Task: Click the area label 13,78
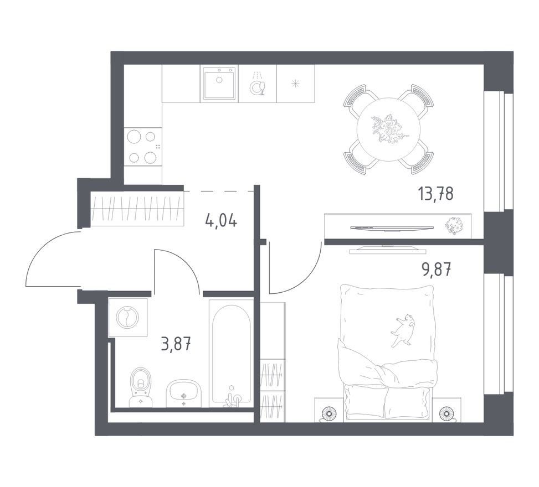click(x=436, y=194)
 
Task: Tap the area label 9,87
click(x=436, y=270)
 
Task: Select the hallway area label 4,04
click(x=220, y=220)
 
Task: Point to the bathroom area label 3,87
click(x=176, y=344)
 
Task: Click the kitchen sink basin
click(x=219, y=84)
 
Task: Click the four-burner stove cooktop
click(x=143, y=147)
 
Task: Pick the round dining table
click(x=388, y=129)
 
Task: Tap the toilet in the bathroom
click(x=140, y=387)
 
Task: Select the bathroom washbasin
click(x=183, y=393)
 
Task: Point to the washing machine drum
click(x=127, y=318)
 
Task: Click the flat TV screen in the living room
click(x=392, y=227)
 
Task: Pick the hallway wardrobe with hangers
click(x=137, y=209)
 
